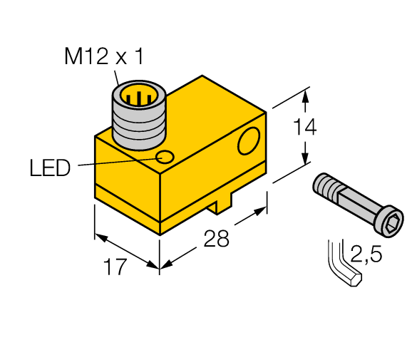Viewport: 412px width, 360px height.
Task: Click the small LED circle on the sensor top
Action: point(165,157)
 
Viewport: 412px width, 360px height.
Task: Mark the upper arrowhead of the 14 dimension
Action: point(307,93)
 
